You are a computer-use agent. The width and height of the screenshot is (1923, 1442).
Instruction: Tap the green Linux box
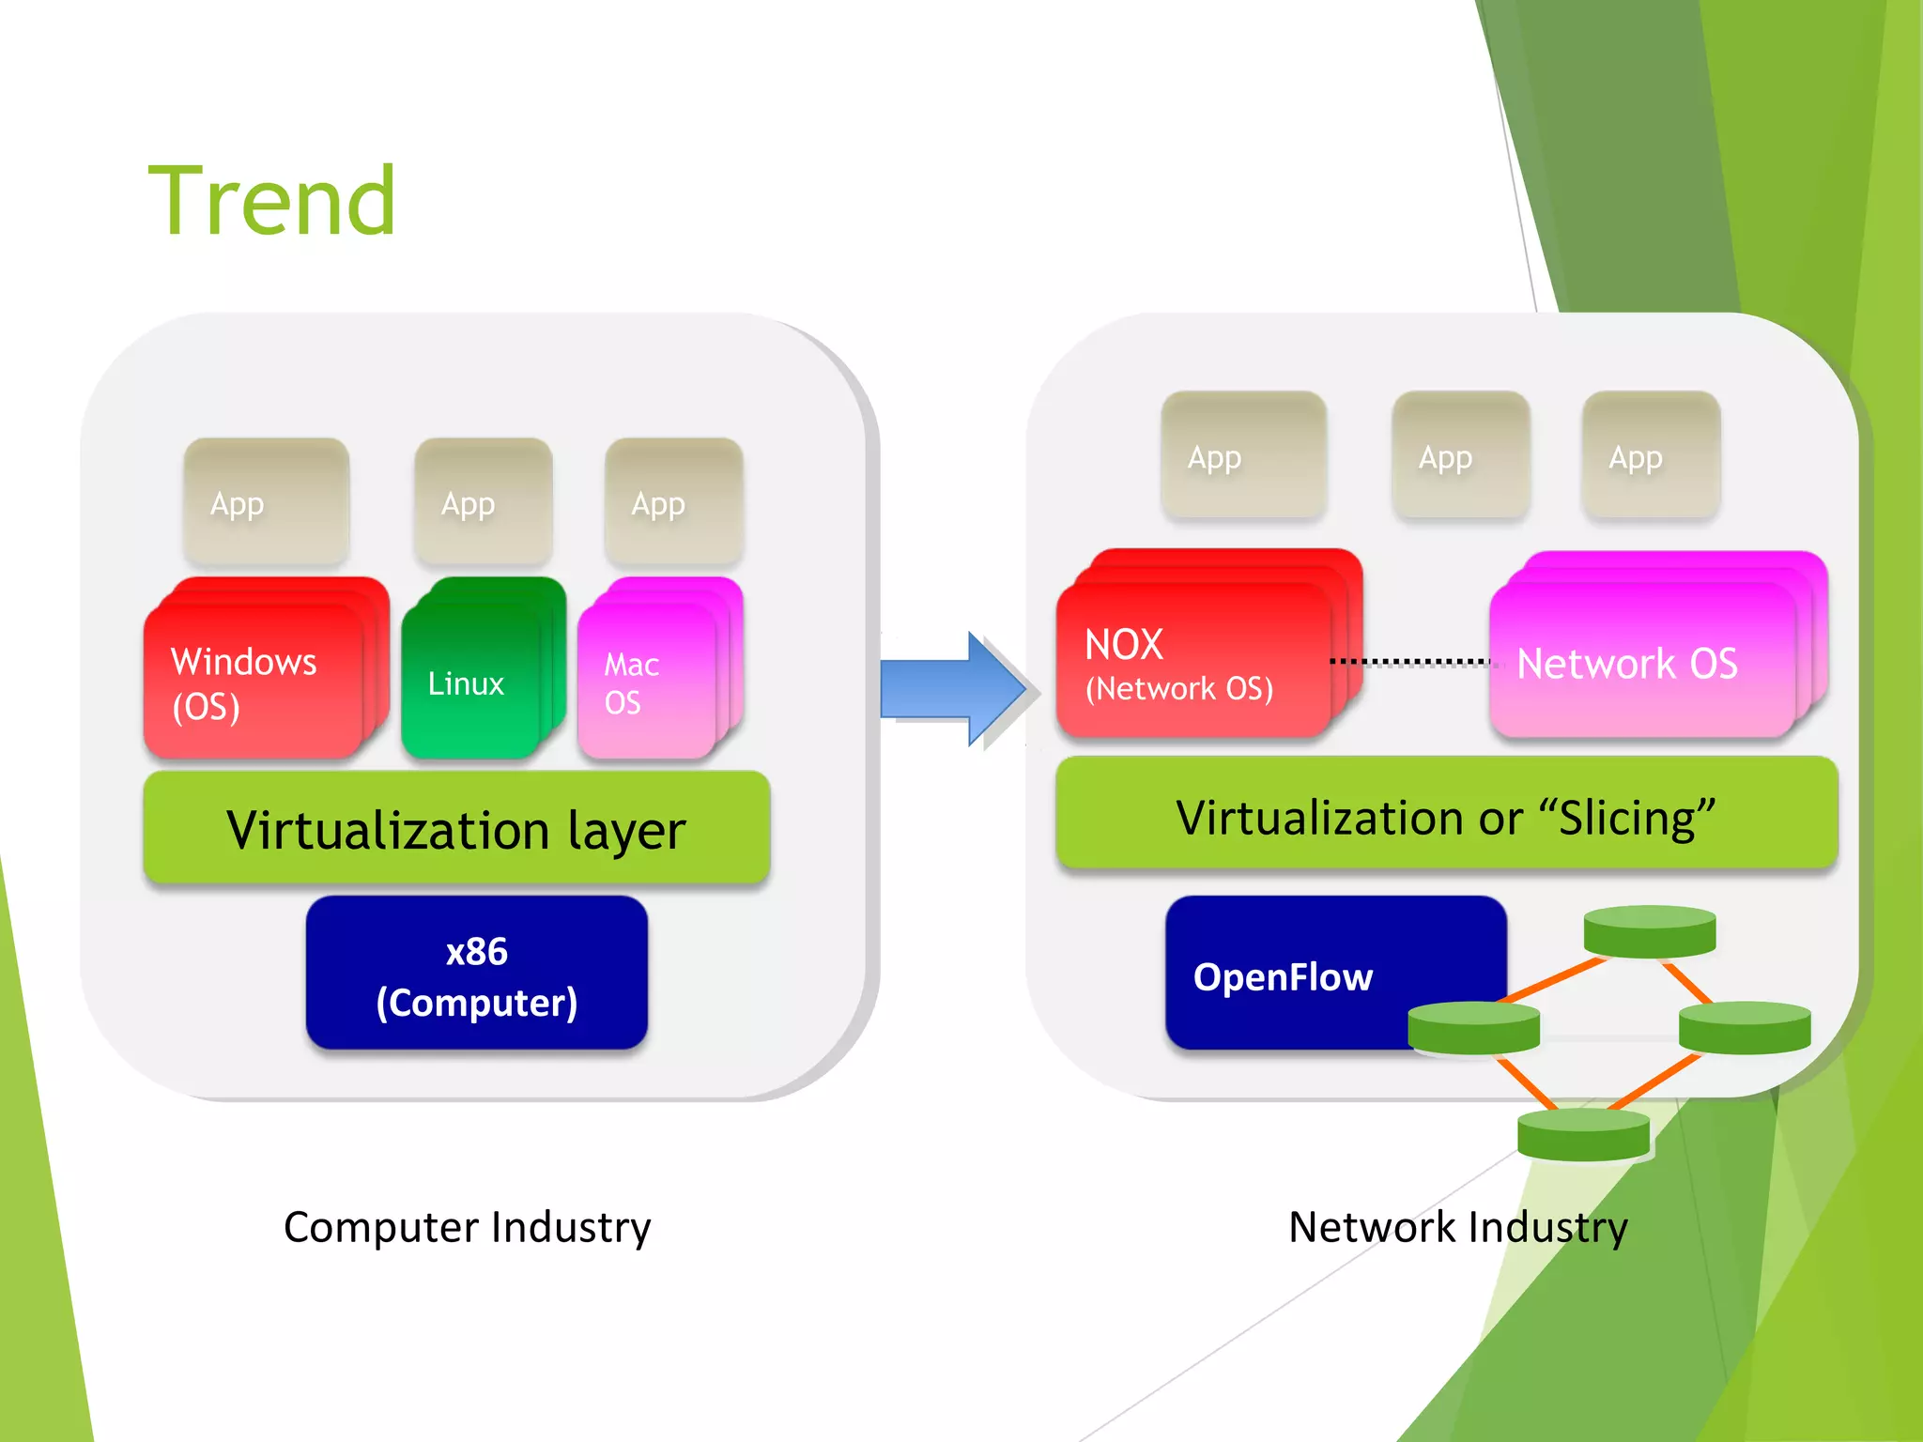coord(469,681)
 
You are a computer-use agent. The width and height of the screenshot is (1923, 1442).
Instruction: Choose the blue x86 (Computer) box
coord(476,975)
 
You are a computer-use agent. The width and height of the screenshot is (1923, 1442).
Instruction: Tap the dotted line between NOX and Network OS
coord(1408,662)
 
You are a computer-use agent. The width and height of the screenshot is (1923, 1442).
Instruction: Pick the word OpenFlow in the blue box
coord(1283,977)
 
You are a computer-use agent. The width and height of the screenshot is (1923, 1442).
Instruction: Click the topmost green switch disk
coord(1649,930)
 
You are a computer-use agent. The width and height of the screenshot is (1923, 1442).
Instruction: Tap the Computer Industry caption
coord(467,1227)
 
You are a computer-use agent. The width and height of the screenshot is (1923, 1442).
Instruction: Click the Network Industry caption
coord(1457,1227)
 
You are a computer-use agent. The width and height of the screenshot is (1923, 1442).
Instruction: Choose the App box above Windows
coord(267,501)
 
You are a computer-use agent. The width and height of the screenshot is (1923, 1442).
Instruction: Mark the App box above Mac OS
coord(673,501)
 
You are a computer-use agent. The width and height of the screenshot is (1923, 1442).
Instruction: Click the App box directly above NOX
coord(1242,455)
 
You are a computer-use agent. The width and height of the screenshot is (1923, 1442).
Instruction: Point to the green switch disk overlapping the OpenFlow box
coord(1472,1027)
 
